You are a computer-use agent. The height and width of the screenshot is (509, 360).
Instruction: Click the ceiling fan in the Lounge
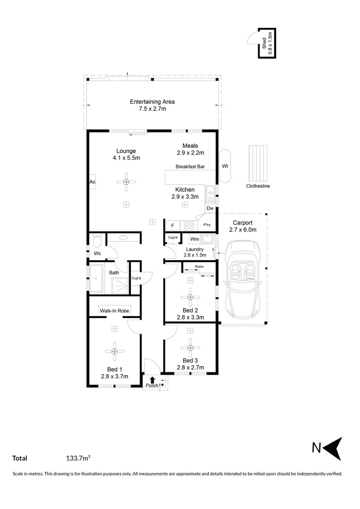(126, 182)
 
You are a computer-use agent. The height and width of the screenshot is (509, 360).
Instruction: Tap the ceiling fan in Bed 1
(114, 351)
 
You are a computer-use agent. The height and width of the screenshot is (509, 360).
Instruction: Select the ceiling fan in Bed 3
(190, 348)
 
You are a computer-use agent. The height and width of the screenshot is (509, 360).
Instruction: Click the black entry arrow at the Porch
(152, 379)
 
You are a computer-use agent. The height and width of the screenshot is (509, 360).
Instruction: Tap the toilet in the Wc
(97, 241)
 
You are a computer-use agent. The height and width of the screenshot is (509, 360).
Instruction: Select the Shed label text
(264, 43)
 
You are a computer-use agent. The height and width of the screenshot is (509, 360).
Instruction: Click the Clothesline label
(258, 186)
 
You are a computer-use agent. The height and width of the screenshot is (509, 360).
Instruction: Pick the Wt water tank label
(225, 166)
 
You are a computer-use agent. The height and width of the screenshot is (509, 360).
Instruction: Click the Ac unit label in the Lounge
(92, 182)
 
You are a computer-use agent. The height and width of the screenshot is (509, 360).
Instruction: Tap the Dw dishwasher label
(210, 208)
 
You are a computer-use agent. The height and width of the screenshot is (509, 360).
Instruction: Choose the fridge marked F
(172, 226)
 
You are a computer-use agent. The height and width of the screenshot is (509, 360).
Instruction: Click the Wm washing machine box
(195, 239)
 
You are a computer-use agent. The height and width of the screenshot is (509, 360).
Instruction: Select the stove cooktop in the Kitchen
(189, 226)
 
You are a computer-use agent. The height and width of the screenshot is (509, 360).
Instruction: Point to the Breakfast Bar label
(190, 166)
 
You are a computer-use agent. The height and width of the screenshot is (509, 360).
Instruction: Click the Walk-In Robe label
(115, 311)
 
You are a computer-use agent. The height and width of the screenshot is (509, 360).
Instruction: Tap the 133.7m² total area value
(78, 458)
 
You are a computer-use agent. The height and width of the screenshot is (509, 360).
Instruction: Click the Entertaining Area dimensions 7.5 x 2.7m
(153, 109)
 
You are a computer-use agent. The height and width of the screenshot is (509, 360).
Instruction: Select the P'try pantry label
(207, 225)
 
